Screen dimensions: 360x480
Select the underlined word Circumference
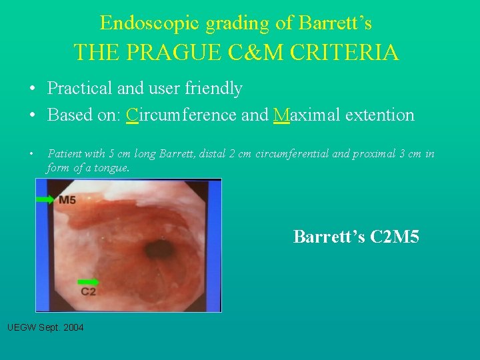(181, 115)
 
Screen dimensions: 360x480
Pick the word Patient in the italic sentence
(64, 154)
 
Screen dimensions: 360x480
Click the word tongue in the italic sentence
(111, 168)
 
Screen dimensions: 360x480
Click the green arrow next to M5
(46, 199)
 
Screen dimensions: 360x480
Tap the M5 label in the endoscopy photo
(67, 200)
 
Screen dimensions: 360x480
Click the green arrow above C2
(87, 282)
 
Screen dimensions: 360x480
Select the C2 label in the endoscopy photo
(88, 292)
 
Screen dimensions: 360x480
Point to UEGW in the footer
(20, 327)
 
